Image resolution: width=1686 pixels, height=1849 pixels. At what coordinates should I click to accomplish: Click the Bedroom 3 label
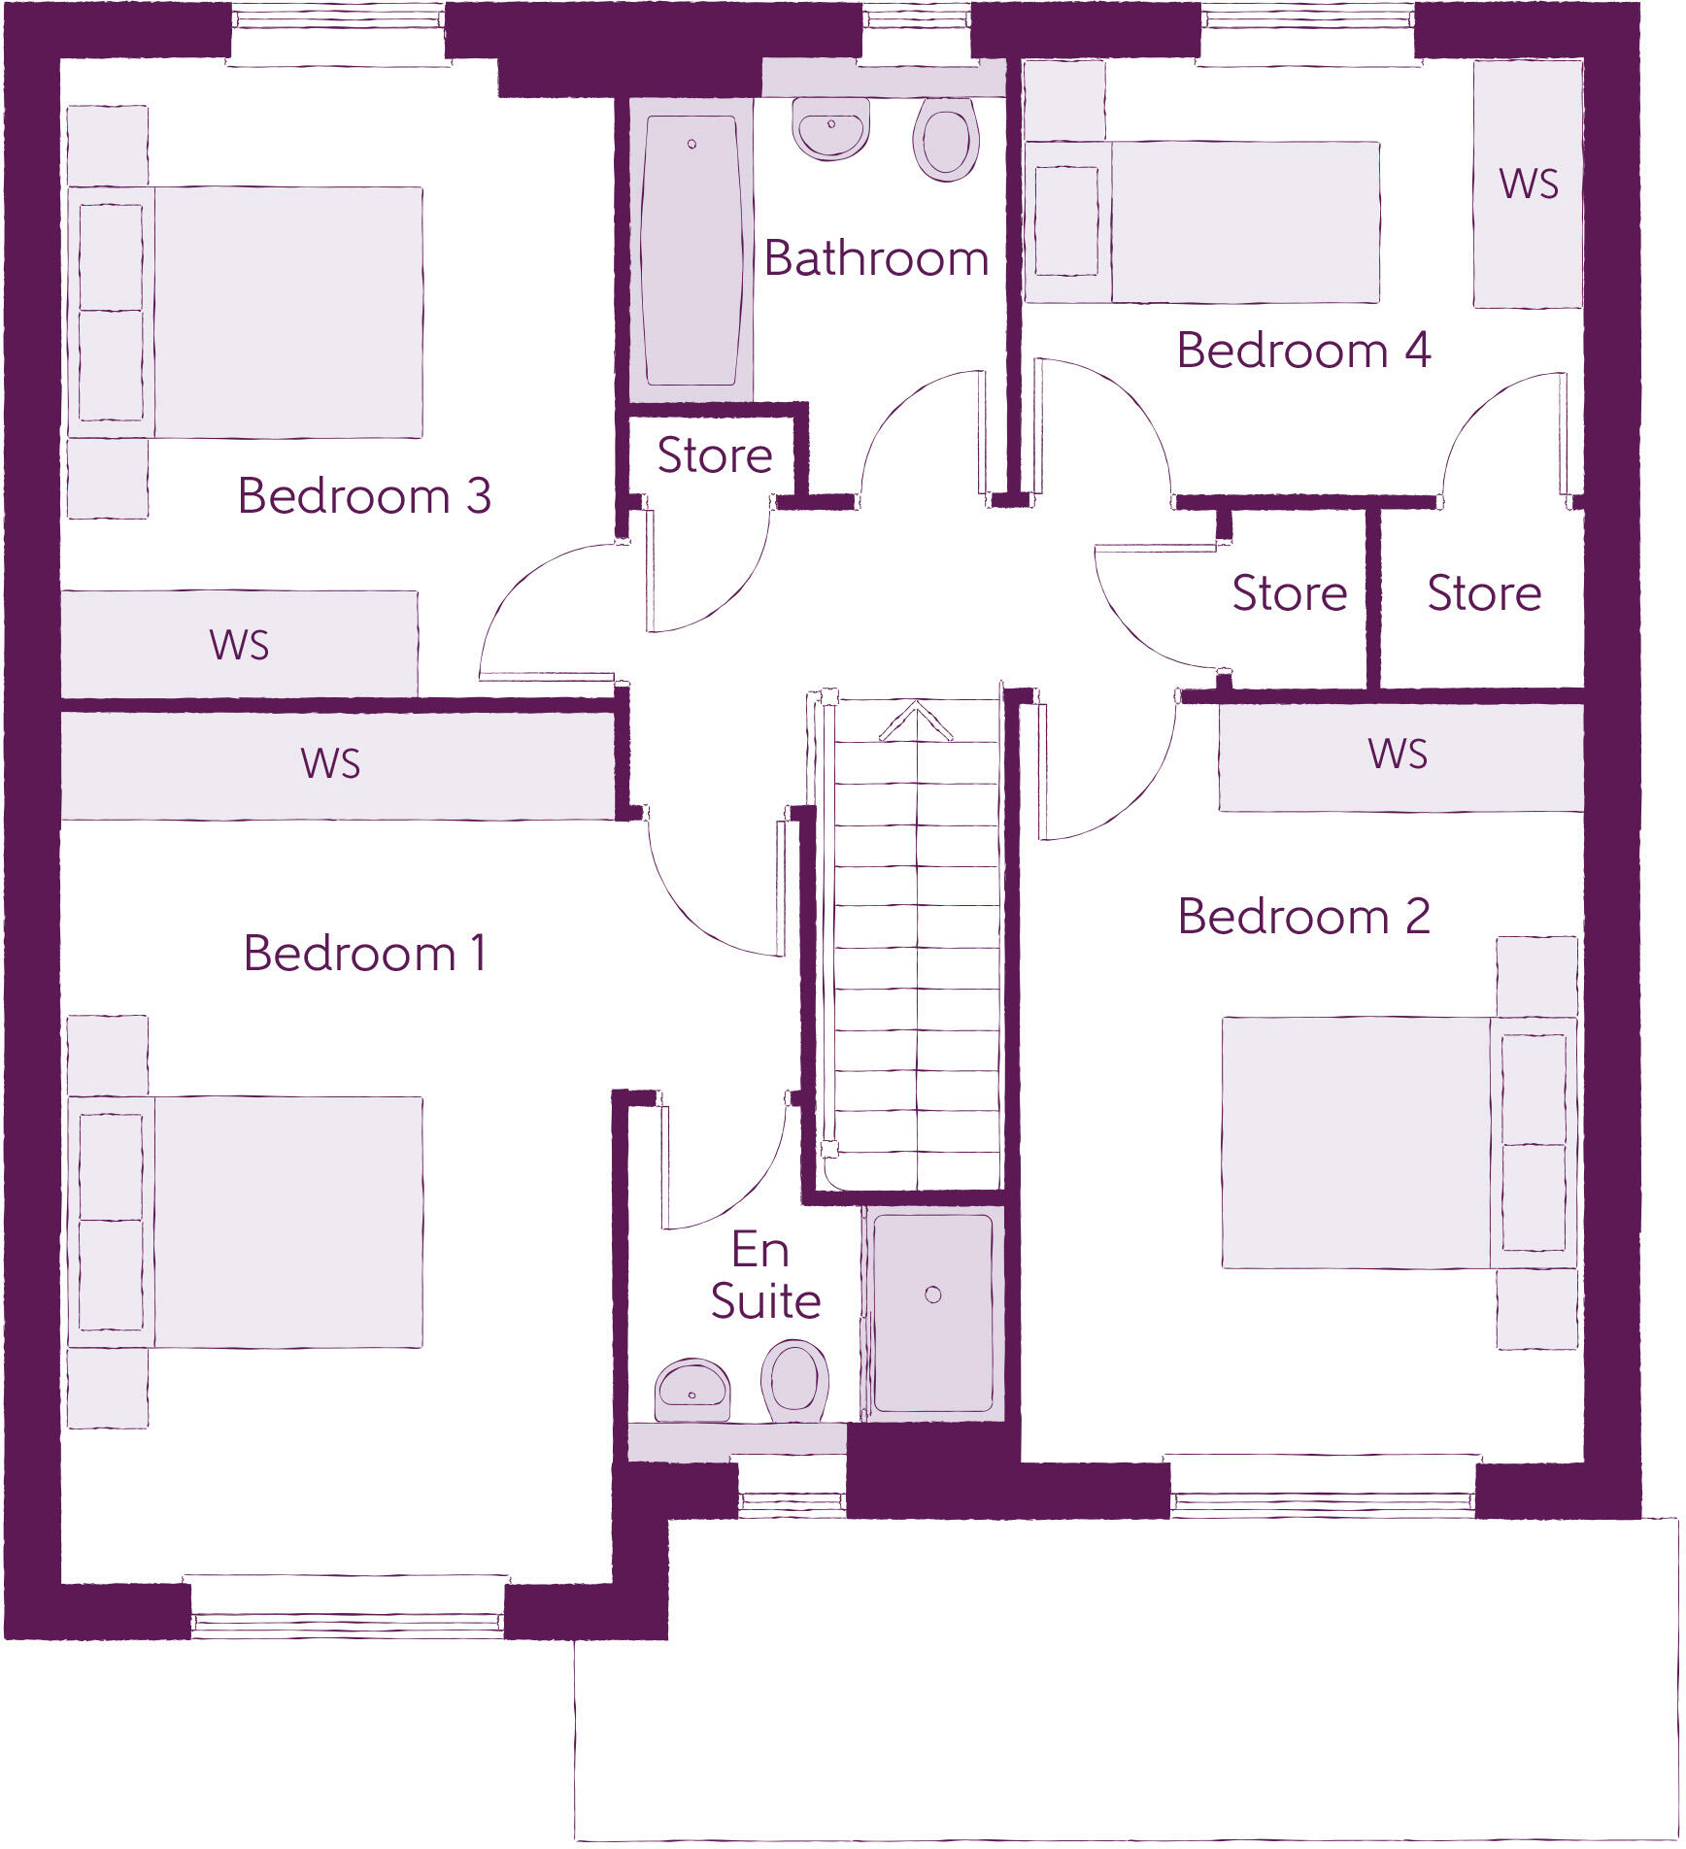pos(364,496)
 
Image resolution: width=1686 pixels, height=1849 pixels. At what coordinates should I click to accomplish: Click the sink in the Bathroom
pos(831,129)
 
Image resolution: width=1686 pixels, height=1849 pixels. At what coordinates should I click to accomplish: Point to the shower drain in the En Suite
pos(933,1294)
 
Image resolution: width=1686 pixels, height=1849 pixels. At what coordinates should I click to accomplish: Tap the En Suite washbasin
pos(691,1389)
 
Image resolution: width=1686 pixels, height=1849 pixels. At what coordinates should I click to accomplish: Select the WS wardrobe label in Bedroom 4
pos(1529,184)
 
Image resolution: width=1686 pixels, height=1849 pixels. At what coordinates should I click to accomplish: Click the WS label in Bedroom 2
pos(1398,755)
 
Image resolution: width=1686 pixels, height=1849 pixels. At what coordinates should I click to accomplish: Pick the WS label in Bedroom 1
pos(330,764)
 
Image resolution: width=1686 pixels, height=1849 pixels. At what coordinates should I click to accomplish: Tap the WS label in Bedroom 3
pos(239,646)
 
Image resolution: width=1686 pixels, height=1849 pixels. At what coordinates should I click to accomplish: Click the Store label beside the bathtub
pos(715,455)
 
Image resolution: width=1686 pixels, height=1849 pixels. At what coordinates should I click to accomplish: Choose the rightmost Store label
pos(1484,593)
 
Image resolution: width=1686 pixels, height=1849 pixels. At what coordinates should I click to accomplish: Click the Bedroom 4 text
pos(1303,351)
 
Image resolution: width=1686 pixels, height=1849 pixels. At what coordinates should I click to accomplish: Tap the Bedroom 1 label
pos(364,954)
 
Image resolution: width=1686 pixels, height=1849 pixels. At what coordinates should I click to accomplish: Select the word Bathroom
pos(876,258)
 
